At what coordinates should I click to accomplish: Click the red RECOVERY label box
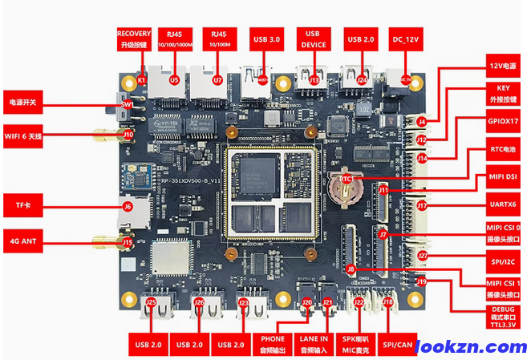pyautogui.click(x=134, y=38)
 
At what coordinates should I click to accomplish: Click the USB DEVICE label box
pyautogui.click(x=314, y=38)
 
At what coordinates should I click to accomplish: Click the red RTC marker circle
pyautogui.click(x=347, y=178)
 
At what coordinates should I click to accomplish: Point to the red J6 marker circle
pyautogui.click(x=127, y=206)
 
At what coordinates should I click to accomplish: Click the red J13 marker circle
pyautogui.click(x=314, y=80)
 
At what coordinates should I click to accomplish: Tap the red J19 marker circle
pyautogui.click(x=422, y=281)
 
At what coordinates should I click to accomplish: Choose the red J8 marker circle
pyautogui.click(x=351, y=269)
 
